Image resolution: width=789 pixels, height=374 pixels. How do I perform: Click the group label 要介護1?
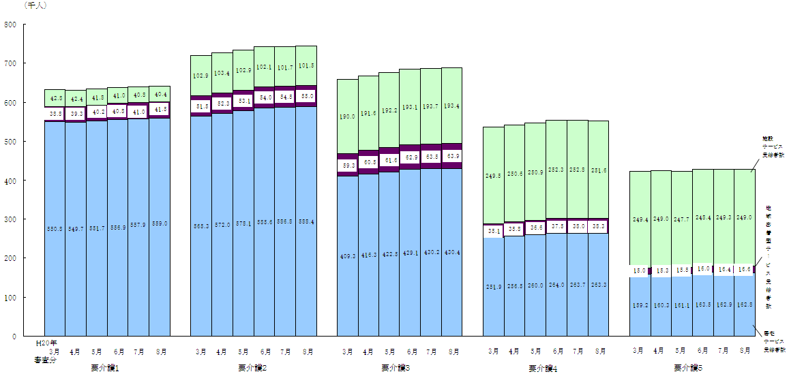(105, 368)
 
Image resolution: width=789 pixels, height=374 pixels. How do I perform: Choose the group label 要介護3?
(396, 368)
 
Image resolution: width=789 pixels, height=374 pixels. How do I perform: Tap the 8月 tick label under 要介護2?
(308, 352)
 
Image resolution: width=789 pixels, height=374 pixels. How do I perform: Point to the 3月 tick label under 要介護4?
(493, 352)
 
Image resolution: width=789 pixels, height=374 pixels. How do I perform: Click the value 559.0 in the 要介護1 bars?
(160, 223)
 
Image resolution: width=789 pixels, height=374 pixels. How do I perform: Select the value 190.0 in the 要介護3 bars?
(348, 117)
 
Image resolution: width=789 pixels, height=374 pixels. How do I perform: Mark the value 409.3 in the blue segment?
(348, 257)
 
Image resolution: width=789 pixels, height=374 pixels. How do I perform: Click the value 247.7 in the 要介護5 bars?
(681, 219)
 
